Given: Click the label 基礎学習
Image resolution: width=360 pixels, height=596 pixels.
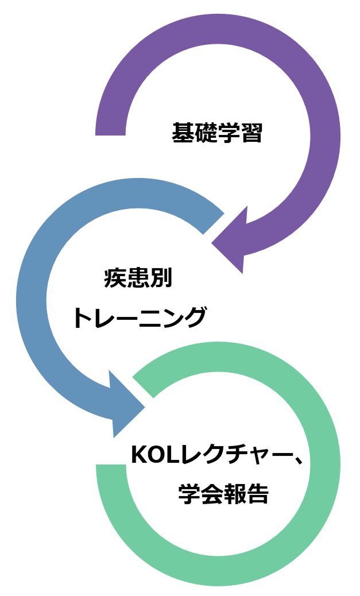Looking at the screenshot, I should coord(217,134).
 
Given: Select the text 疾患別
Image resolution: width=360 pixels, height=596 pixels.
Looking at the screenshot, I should coord(138,279).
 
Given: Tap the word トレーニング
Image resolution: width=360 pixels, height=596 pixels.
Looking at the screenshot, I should coord(140,318).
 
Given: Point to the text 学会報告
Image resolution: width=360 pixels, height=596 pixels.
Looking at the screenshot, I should coord(223,493).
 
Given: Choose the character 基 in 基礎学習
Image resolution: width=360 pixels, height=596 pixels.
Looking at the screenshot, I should coord(183,134).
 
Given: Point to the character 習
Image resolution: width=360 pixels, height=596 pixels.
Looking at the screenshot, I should coord(251,134).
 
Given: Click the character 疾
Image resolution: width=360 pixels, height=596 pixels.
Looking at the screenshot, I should coord(115,279).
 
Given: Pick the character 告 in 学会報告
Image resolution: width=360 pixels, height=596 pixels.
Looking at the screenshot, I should coord(257,493).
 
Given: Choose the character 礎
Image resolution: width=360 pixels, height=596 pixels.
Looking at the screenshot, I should coord(206,134).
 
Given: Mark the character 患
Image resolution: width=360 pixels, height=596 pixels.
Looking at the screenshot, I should coord(138,279).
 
